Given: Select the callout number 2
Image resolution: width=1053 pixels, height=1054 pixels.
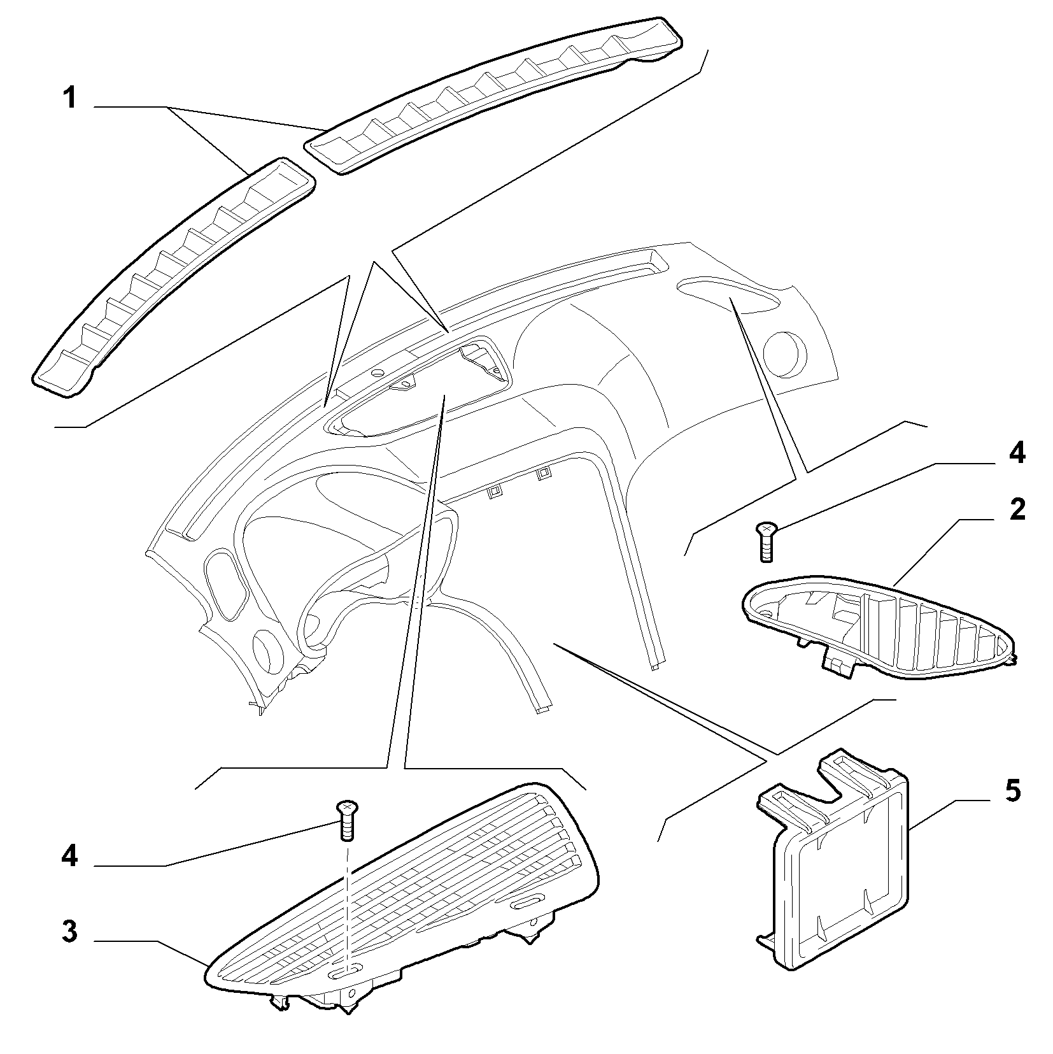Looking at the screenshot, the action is point(1017,510).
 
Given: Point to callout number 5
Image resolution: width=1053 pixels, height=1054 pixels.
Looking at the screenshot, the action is point(1012,790).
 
